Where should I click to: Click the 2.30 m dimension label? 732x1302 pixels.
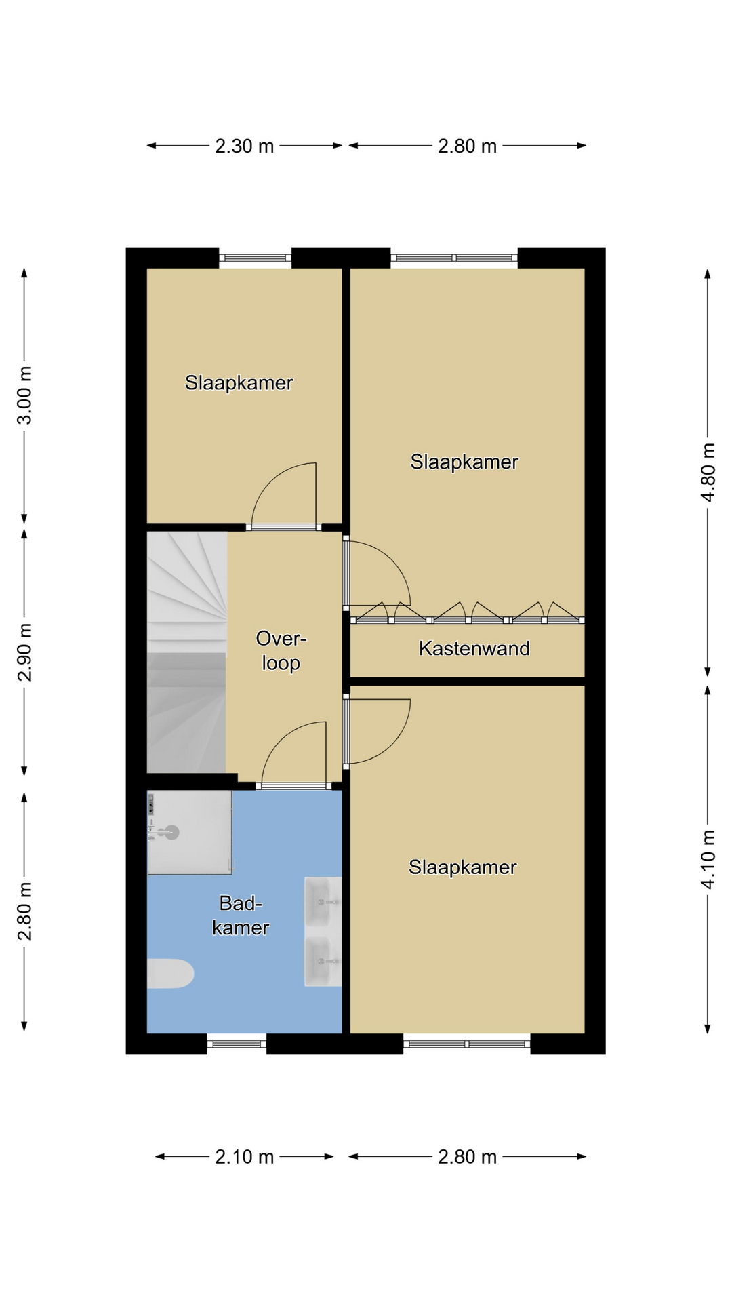[245, 146]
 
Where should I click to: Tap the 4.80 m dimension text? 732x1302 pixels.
[708, 472]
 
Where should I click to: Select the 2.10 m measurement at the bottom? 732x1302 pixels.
[245, 1156]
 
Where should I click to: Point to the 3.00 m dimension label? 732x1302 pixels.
[24, 395]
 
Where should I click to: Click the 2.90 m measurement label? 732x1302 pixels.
[24, 652]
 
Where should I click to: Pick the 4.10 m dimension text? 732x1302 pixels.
[708, 859]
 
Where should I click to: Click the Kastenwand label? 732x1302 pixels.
[474, 648]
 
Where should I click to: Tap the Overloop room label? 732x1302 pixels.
[281, 650]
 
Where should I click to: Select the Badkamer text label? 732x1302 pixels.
[241, 915]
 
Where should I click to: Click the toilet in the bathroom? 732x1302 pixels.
[170, 974]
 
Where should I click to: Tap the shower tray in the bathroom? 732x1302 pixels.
[190, 832]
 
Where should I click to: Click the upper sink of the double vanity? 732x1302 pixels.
[323, 901]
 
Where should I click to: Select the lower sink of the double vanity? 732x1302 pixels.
[323, 962]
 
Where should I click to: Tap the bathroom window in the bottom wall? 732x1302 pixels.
[237, 1044]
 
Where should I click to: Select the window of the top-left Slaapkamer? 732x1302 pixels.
[256, 258]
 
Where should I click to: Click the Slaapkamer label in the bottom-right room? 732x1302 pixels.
[463, 867]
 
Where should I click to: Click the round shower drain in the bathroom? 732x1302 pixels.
[171, 832]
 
